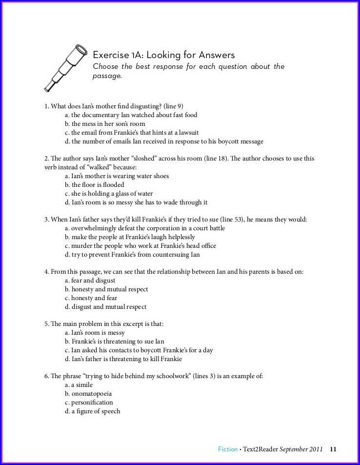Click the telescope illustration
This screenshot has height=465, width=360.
(66, 67)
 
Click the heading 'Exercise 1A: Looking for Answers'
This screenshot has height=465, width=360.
(163, 55)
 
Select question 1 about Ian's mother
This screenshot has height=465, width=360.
(114, 106)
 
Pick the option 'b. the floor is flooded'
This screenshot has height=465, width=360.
(95, 185)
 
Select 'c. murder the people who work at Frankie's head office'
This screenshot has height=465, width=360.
(140, 246)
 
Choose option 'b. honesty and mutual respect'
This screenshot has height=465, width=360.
(106, 289)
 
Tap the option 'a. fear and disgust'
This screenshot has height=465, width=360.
(90, 281)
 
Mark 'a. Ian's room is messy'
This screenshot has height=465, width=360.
(95, 333)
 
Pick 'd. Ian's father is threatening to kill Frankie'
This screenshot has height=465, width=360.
(123, 359)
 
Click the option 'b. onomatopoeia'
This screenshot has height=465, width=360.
(92, 394)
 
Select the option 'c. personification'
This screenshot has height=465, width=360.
(89, 403)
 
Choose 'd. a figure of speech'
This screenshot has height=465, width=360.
(93, 411)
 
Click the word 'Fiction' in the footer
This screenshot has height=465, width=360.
(228, 449)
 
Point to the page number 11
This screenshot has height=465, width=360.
(334, 449)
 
